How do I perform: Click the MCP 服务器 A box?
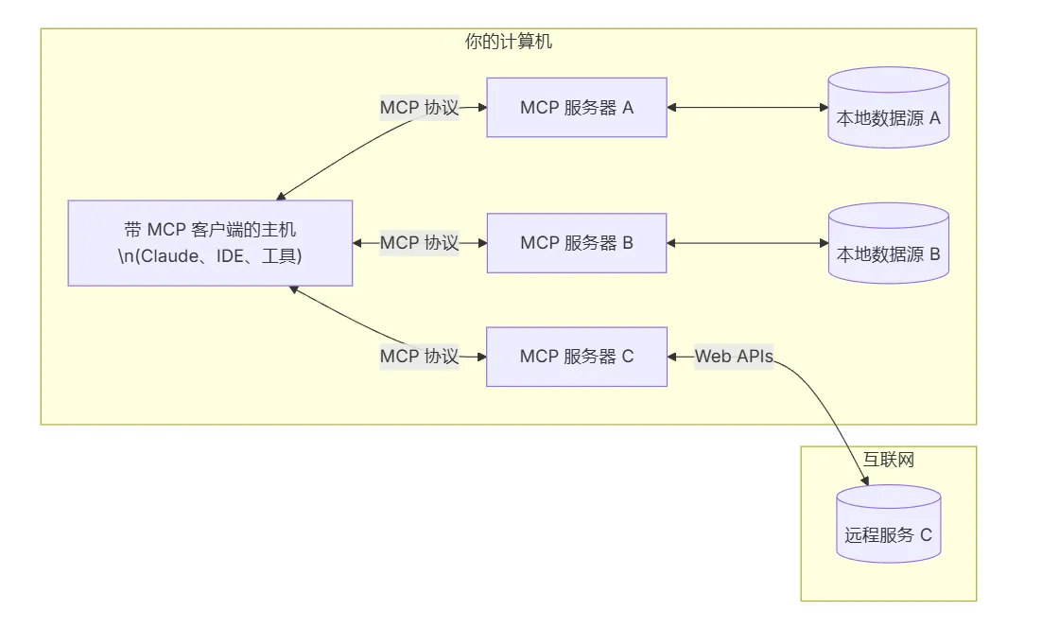click(577, 108)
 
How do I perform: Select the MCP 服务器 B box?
click(577, 243)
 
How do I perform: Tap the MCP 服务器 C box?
click(577, 357)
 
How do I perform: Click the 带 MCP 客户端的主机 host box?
click(210, 243)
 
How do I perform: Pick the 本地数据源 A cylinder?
click(889, 108)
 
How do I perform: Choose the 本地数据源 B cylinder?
click(889, 243)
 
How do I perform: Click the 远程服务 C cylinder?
click(889, 524)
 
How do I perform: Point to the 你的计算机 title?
click(509, 42)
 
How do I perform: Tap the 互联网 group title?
click(889, 460)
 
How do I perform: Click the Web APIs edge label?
click(735, 357)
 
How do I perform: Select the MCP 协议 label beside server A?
click(419, 108)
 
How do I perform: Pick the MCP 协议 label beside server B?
click(419, 243)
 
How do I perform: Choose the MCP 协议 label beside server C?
click(419, 357)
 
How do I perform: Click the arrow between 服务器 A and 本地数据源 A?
click(748, 108)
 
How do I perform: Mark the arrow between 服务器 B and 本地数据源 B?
click(748, 243)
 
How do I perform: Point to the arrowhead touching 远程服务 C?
click(864, 480)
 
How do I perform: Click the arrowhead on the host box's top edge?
click(281, 196)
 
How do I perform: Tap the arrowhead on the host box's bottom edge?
click(294, 289)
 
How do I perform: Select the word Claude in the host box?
click(166, 256)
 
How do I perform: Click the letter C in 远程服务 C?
click(926, 535)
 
